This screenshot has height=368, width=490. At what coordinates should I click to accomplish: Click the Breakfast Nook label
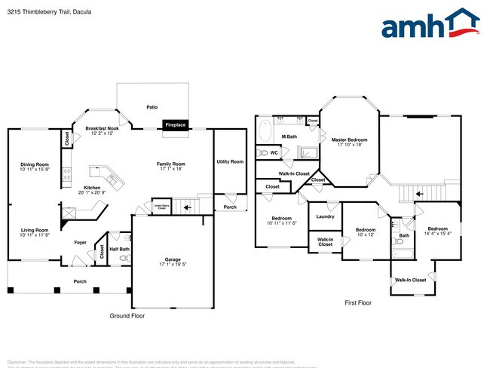pyautogui.click(x=103, y=129)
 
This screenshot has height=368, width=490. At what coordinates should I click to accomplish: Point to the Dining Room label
pyautogui.click(x=35, y=164)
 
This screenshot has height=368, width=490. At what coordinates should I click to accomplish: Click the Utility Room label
pyautogui.click(x=230, y=161)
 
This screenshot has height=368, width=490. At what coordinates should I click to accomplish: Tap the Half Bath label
pyautogui.click(x=119, y=249)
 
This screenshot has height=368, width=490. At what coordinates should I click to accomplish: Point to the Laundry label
pyautogui.click(x=325, y=217)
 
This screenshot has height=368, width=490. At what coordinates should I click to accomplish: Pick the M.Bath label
pyautogui.click(x=288, y=136)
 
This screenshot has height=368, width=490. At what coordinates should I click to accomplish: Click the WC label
pyautogui.click(x=274, y=152)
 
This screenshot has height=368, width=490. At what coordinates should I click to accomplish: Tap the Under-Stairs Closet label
pyautogui.click(x=160, y=205)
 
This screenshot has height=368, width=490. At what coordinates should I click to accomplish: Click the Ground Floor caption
pyautogui.click(x=127, y=316)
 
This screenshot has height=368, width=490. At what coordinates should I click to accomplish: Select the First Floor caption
pyautogui.click(x=359, y=302)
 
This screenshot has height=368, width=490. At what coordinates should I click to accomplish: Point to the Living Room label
pyautogui.click(x=34, y=230)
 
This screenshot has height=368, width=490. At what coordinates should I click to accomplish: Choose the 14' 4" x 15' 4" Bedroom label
pyautogui.click(x=438, y=231)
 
